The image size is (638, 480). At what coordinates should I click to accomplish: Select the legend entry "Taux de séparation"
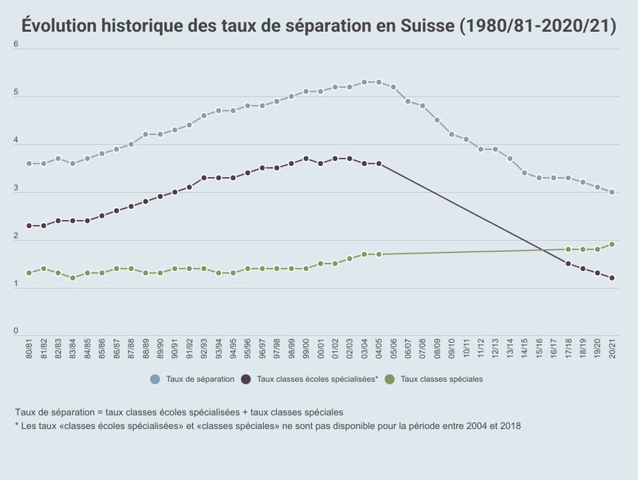pyautogui.click(x=199, y=379)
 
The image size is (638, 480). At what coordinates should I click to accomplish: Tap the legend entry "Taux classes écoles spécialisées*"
pyautogui.click(x=316, y=379)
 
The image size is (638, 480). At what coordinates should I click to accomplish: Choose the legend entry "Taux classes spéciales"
pyautogui.click(x=441, y=379)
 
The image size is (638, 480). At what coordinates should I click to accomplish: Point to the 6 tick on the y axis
pyautogui.click(x=16, y=44)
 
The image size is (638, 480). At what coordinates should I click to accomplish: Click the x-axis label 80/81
pyautogui.click(x=30, y=349)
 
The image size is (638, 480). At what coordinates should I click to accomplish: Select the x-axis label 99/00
pyautogui.click(x=306, y=349)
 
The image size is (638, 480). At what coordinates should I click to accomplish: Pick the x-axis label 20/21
pyautogui.click(x=612, y=349)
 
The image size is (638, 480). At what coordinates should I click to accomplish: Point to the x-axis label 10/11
pyautogui.click(x=467, y=349)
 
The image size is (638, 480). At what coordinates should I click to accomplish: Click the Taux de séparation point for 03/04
pyautogui.click(x=364, y=82)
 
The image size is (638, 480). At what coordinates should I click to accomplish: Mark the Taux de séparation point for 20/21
pyautogui.click(x=612, y=192)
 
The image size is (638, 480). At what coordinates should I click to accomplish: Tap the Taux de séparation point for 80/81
pyautogui.click(x=30, y=163)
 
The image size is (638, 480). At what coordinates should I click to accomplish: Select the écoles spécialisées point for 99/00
pyautogui.click(x=306, y=159)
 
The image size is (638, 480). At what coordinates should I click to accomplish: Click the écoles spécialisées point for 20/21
pyautogui.click(x=612, y=278)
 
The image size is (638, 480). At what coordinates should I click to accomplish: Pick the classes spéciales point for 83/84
pyautogui.click(x=73, y=278)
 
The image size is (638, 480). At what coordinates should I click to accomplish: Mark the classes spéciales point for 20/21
pyautogui.click(x=612, y=245)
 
